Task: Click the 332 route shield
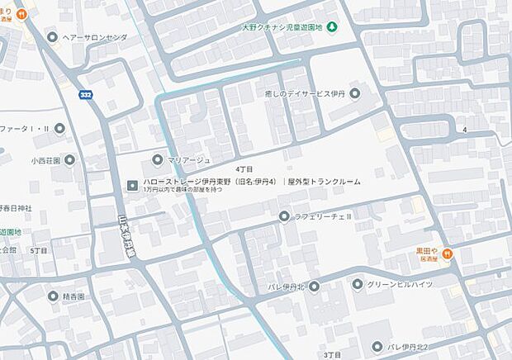tap(86, 95)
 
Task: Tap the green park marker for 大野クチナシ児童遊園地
tap(331, 28)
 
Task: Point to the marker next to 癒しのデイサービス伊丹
tap(355, 93)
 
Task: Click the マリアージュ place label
tap(190, 159)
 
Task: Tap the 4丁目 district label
tap(244, 168)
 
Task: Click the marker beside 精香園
tap(54, 295)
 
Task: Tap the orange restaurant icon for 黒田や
tap(447, 253)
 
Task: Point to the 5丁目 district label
tap(37, 249)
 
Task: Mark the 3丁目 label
tap(320, 353)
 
